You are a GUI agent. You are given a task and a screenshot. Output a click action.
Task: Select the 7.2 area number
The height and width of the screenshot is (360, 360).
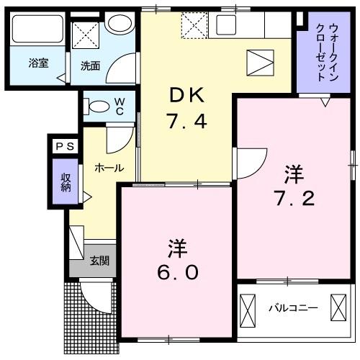point(293,197)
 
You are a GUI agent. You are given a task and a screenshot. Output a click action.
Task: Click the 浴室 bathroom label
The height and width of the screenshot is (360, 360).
point(38,63)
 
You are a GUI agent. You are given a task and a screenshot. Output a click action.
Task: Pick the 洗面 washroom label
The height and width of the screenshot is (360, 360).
point(90,66)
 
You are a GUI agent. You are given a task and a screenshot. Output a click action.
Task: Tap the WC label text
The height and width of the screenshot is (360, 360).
point(120,107)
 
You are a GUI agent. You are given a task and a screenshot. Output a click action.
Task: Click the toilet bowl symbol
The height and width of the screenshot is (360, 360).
point(96,107)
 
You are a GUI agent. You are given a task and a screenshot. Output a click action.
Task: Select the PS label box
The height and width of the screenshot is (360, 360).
point(66,146)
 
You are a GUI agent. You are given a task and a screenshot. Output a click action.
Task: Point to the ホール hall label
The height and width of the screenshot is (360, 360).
point(108,168)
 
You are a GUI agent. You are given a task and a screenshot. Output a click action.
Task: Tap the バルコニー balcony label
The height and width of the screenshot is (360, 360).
point(293,308)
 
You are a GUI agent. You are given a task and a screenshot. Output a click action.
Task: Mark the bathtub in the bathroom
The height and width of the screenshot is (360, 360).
point(37,32)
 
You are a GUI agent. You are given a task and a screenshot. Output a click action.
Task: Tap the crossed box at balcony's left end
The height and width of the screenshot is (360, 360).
point(247,308)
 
